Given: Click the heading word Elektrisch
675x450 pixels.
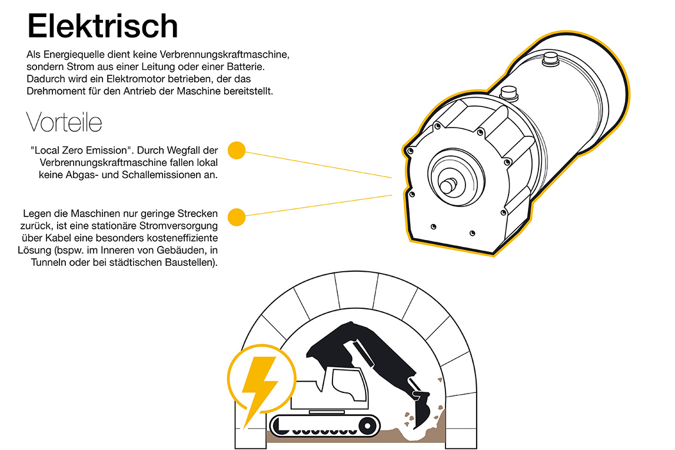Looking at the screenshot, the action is (x=102, y=26).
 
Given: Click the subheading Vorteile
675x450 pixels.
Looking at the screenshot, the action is (x=64, y=122).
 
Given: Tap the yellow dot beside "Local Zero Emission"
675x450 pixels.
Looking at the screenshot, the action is (x=237, y=151).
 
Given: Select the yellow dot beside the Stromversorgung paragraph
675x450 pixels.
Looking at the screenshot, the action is (x=237, y=217).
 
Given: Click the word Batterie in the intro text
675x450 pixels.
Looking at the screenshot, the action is (x=245, y=66).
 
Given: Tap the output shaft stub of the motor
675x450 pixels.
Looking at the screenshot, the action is (x=448, y=185).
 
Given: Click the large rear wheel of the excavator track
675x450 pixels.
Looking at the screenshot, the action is (x=368, y=426).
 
